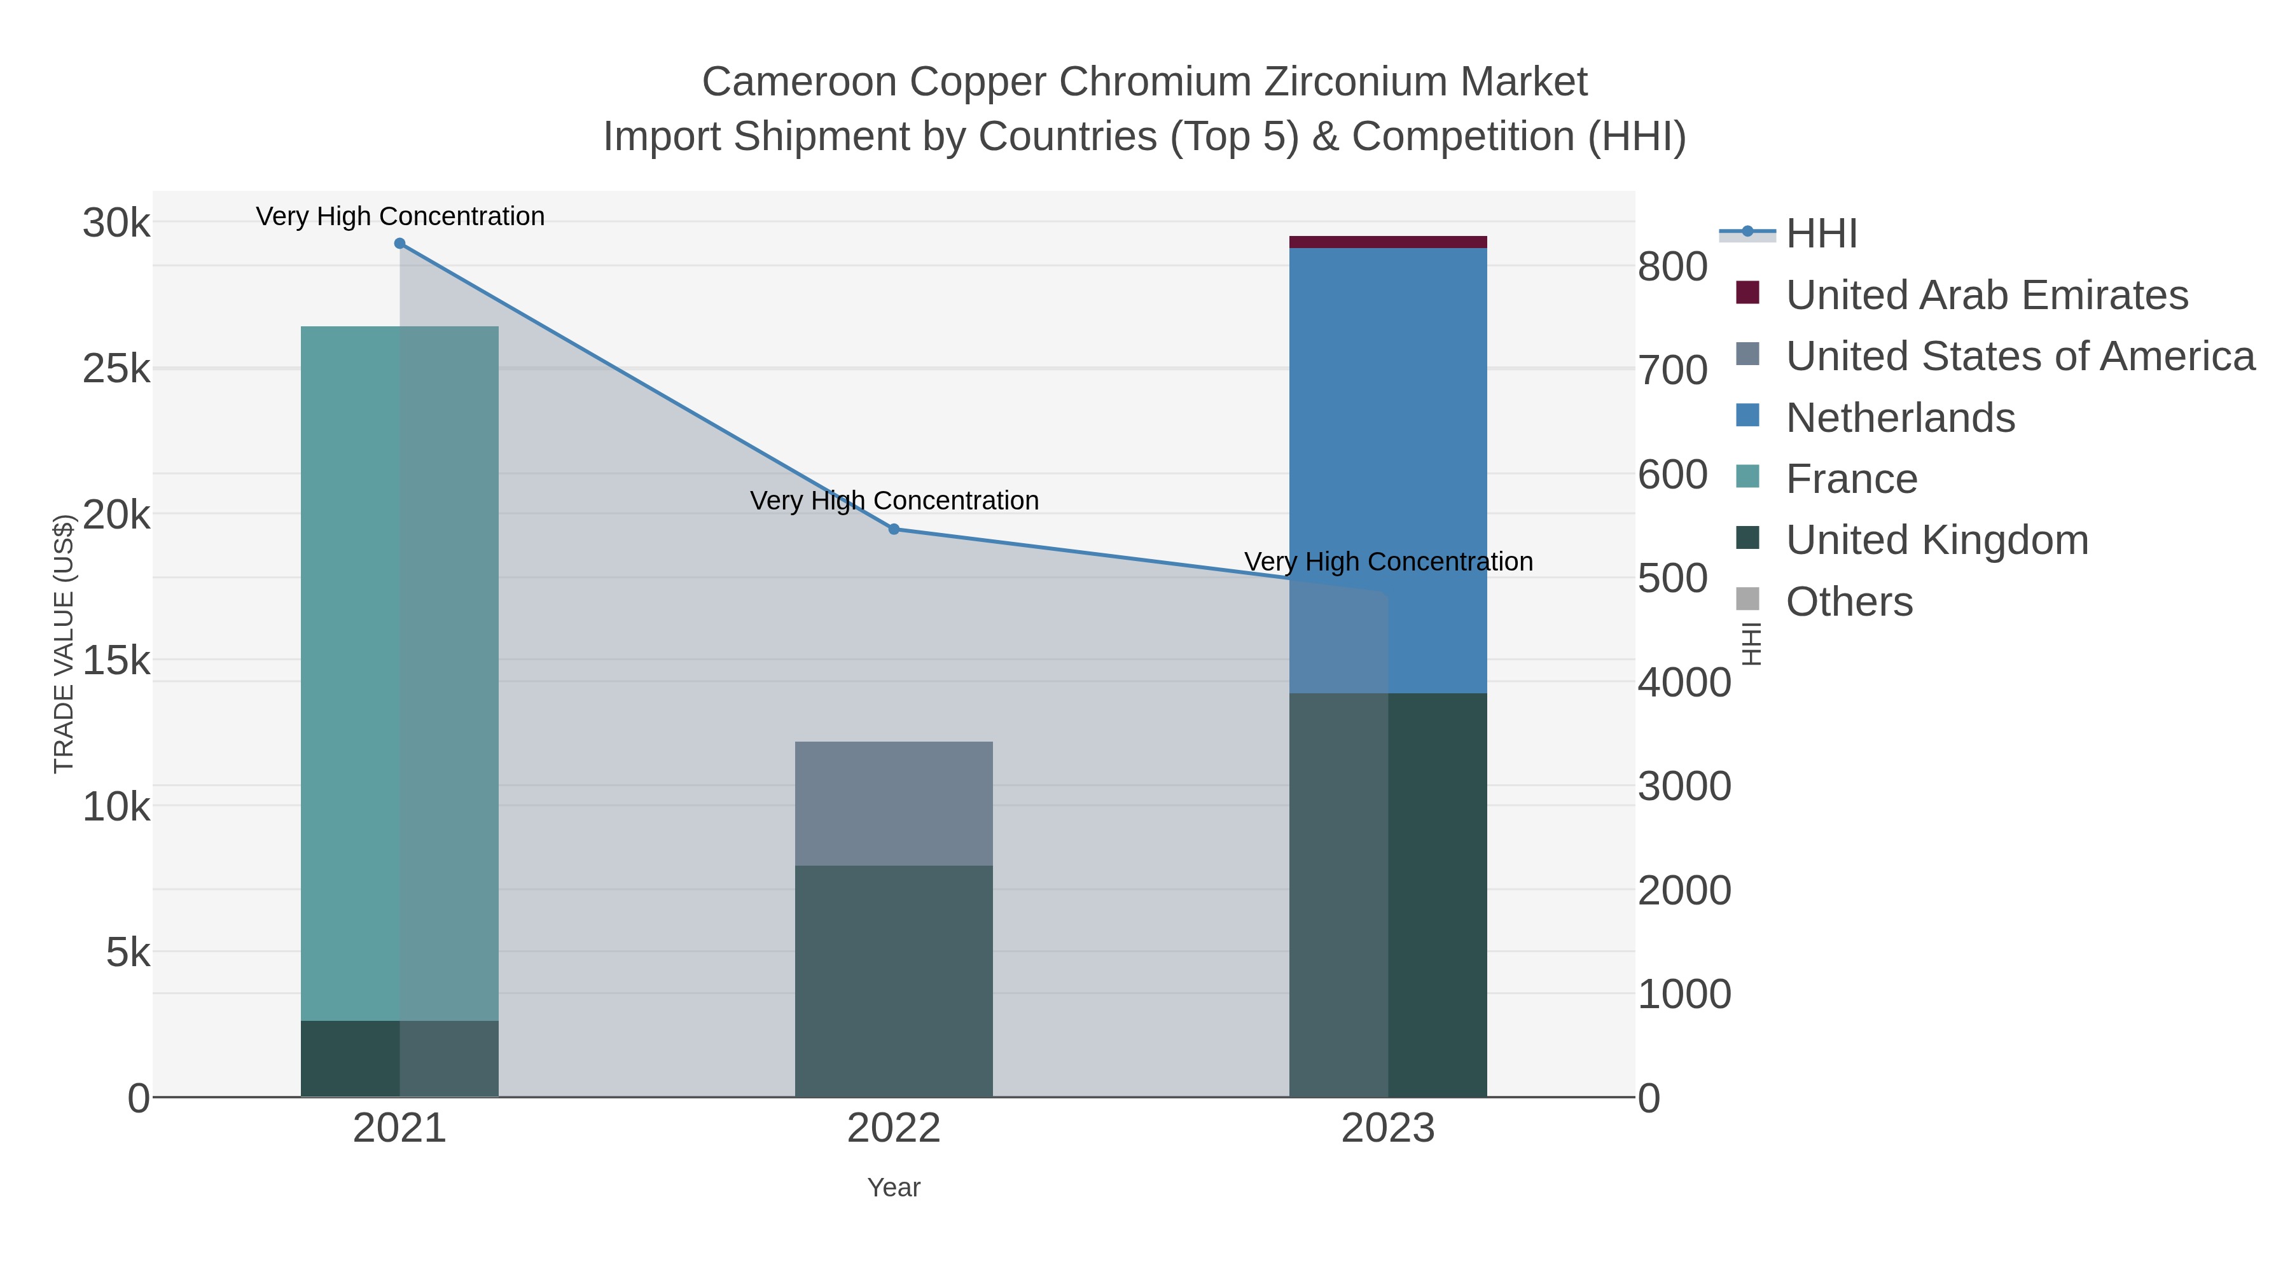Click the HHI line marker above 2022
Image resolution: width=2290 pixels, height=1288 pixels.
894,530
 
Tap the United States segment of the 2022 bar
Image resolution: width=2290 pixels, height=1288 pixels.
894,803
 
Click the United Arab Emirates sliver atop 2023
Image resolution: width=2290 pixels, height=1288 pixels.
1388,242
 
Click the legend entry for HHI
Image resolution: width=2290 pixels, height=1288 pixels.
1822,234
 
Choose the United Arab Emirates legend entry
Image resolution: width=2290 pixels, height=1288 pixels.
1987,295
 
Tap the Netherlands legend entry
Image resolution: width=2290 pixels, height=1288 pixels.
1899,418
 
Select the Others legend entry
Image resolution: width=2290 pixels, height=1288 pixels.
1849,602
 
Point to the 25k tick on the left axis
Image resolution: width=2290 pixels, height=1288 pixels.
116,368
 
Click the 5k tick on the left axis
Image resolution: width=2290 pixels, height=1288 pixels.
128,953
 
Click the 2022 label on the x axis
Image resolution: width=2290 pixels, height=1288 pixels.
894,1129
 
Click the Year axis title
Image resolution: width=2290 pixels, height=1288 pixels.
894,1188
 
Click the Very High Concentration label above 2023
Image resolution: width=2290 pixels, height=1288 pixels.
1388,562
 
